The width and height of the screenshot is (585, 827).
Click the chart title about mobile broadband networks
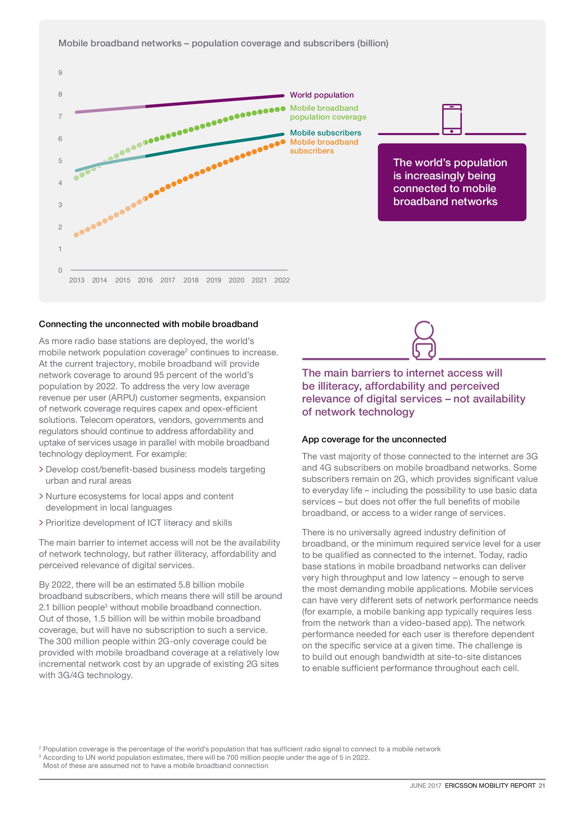coord(223,43)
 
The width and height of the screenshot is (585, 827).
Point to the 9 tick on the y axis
coord(60,73)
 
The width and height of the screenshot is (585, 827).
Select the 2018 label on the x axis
coord(191,280)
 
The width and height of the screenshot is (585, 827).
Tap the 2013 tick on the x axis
coord(76,280)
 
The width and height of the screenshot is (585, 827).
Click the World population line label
coord(322,95)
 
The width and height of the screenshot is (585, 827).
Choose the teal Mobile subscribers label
coord(325,133)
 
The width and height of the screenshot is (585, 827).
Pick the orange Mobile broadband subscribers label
coord(324,147)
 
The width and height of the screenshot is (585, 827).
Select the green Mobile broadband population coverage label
coord(328,112)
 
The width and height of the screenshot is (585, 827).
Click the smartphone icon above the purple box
coord(452,119)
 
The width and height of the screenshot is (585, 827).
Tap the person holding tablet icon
coord(424,340)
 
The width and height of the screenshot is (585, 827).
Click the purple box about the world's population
coord(452,182)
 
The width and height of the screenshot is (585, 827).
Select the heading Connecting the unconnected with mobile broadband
coord(149,324)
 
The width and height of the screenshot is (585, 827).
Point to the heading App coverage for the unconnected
coord(374,439)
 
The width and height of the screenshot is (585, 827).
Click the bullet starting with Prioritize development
coord(138,523)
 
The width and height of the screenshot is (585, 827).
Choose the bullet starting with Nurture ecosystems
coord(139,502)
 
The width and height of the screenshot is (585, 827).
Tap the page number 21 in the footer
coord(542,786)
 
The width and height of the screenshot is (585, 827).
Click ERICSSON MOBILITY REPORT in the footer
coord(490,786)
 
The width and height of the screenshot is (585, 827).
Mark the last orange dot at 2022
coord(283,142)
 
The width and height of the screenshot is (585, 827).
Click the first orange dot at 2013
coord(76,235)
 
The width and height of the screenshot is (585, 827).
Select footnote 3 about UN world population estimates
coord(206,762)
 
